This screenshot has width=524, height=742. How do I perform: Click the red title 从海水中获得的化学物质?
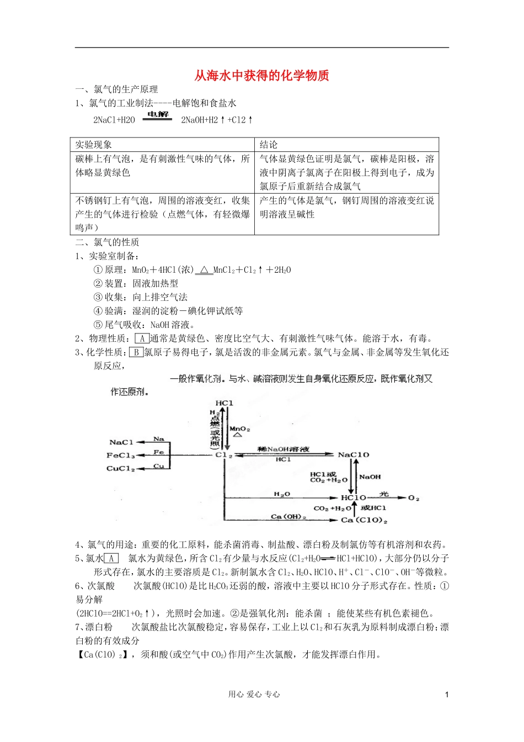click(x=261, y=76)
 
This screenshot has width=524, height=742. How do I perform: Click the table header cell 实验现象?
click(x=94, y=145)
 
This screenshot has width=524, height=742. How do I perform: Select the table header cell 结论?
click(x=269, y=145)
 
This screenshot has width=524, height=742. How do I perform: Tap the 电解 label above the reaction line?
click(x=158, y=114)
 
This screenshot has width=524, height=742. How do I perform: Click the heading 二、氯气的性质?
click(x=107, y=242)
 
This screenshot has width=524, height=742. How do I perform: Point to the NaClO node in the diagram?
click(x=353, y=455)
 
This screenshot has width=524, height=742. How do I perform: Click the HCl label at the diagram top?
click(x=224, y=403)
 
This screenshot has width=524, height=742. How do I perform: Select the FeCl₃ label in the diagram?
click(x=121, y=455)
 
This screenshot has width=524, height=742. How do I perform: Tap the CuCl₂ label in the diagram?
click(x=121, y=469)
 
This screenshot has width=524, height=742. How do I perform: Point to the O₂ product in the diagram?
click(x=414, y=498)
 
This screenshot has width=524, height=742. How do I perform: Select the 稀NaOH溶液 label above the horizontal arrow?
click(x=284, y=449)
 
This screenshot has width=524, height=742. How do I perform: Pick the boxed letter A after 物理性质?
click(x=142, y=338)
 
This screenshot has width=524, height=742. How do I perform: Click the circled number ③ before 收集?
click(x=98, y=297)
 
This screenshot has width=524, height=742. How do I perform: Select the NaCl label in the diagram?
click(x=121, y=442)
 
